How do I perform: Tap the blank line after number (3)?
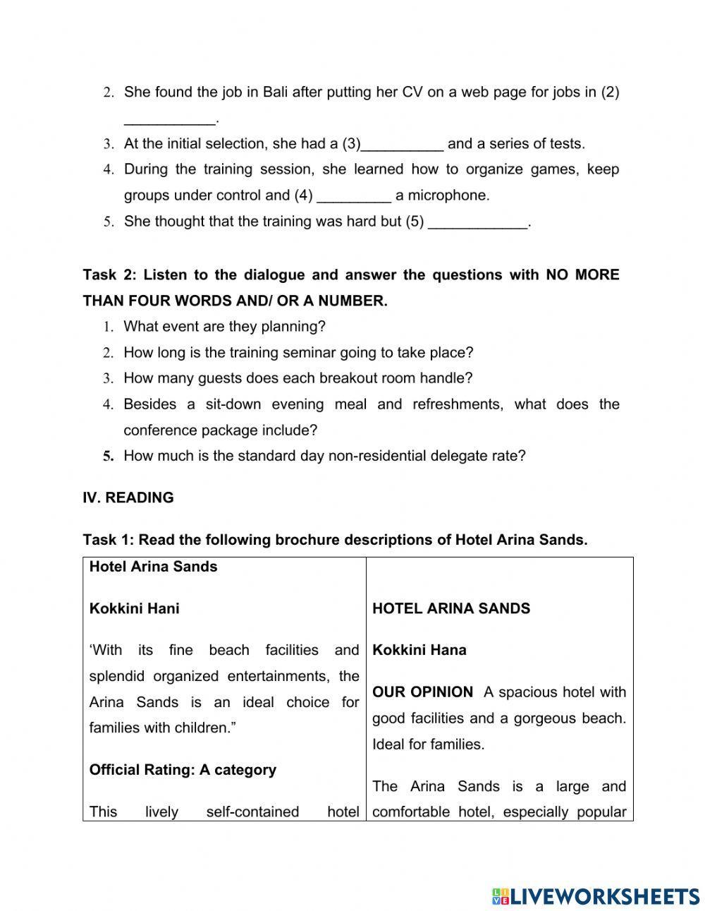click(x=402, y=145)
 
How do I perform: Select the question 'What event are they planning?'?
click(x=224, y=327)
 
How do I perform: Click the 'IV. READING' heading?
click(x=128, y=497)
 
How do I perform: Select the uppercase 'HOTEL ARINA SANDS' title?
click(x=451, y=608)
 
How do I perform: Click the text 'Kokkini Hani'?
click(x=134, y=608)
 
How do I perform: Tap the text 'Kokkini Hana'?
click(x=419, y=650)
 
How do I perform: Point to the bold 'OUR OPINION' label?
click(x=422, y=692)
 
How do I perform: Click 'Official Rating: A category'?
click(x=183, y=770)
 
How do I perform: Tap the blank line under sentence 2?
click(x=169, y=119)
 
